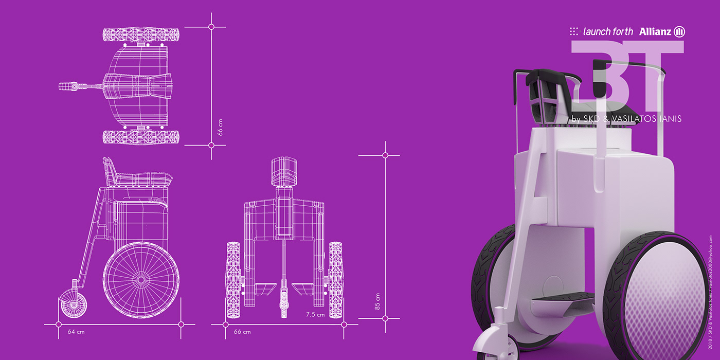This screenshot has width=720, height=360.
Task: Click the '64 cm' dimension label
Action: click(x=76, y=332)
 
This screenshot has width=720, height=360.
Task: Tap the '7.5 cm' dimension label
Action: click(x=315, y=315)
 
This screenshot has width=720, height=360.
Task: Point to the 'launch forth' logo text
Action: click(x=608, y=32)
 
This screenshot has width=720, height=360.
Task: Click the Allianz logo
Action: click(x=662, y=32)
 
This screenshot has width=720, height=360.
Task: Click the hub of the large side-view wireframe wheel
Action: click(x=141, y=280)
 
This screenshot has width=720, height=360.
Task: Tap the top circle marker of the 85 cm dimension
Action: click(x=385, y=155)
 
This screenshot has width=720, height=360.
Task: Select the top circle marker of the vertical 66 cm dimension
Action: click(x=211, y=27)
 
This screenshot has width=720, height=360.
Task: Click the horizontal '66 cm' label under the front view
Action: click(x=242, y=332)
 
